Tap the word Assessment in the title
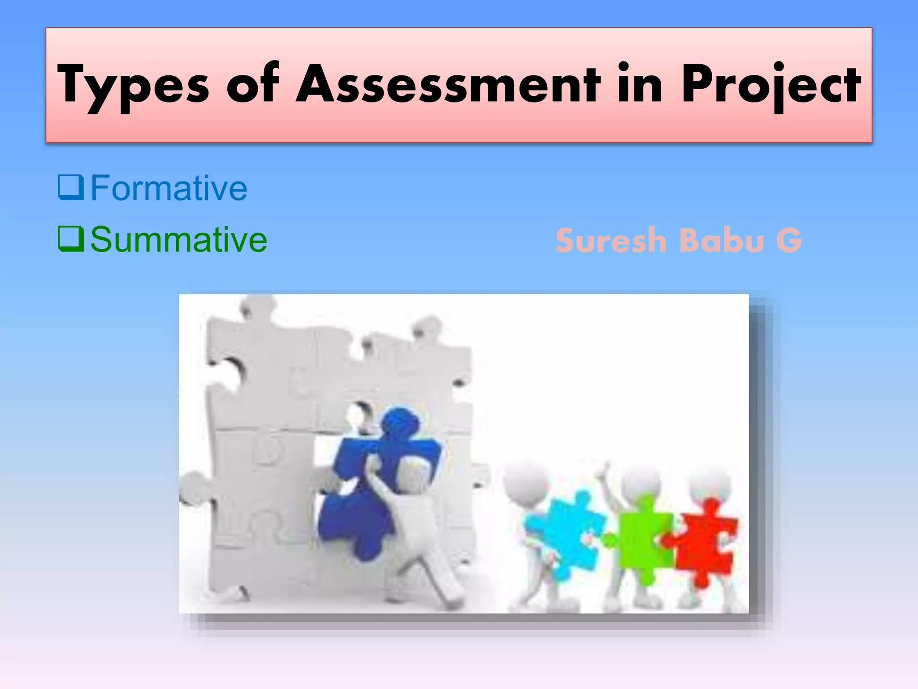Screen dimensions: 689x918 pos(448,84)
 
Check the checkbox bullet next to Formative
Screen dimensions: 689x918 pos(71,187)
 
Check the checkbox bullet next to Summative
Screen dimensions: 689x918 pos(71,239)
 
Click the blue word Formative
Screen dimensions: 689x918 pos(169,188)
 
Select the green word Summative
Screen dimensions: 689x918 pos(178,240)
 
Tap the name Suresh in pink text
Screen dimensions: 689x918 pos(611,240)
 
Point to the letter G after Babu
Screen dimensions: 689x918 pos(789,240)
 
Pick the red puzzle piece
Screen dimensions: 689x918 pos(704,538)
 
